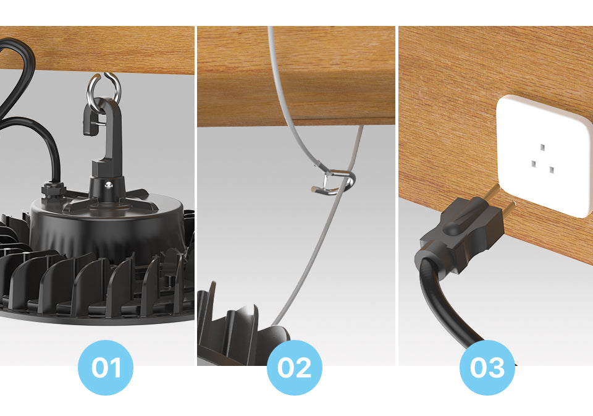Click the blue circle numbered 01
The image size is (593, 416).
coord(105,368)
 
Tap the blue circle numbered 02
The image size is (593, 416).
coord(294,368)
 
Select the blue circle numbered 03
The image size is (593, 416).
coord(487,368)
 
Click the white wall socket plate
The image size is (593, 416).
coord(544,155)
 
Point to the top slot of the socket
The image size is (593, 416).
coord(542,148)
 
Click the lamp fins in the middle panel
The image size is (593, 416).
coord(235,328)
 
